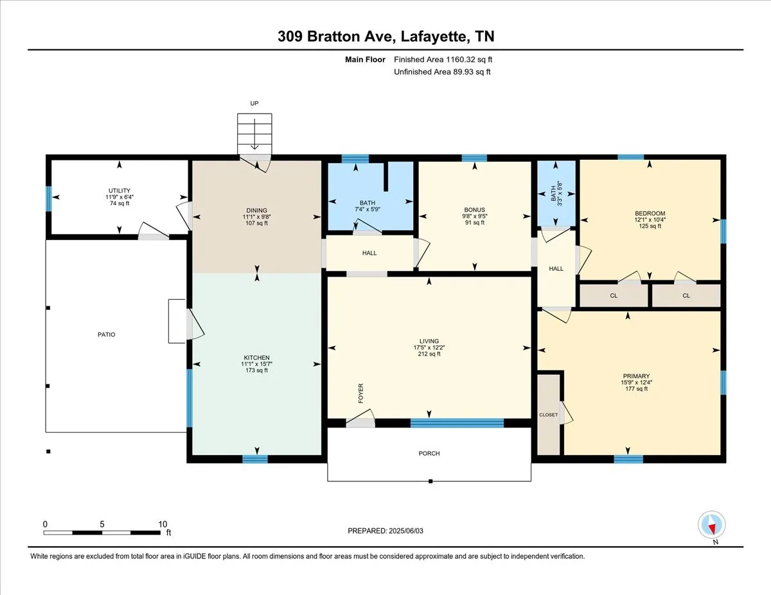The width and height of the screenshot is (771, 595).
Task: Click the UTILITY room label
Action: pyautogui.click(x=120, y=191)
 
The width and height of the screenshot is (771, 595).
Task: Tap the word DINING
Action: pyautogui.click(x=256, y=211)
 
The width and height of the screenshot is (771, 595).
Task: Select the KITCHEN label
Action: pyautogui.click(x=256, y=358)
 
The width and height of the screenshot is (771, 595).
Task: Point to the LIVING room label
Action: pyautogui.click(x=429, y=341)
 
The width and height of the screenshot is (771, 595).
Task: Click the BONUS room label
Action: pyautogui.click(x=474, y=210)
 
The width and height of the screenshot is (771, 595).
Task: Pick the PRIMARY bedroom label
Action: pyautogui.click(x=636, y=376)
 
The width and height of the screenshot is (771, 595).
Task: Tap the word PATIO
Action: pyautogui.click(x=107, y=334)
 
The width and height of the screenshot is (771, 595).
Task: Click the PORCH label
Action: pyautogui.click(x=429, y=453)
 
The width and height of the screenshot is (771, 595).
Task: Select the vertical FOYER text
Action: pyautogui.click(x=361, y=393)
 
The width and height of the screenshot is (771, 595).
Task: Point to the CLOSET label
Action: pyautogui.click(x=548, y=415)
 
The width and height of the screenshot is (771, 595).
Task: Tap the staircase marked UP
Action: pyautogui.click(x=254, y=134)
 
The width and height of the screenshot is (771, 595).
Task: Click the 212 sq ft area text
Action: pyautogui.click(x=429, y=354)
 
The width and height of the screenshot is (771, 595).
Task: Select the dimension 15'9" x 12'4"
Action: pyautogui.click(x=636, y=383)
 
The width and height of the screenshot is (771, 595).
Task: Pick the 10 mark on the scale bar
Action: pyautogui.click(x=163, y=524)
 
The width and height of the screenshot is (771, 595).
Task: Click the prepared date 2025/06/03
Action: pyautogui.click(x=406, y=531)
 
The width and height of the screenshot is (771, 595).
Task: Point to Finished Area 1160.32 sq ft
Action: pyautogui.click(x=443, y=60)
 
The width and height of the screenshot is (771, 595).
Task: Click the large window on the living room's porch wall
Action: pyautogui.click(x=457, y=423)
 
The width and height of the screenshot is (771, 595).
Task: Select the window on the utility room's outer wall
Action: pyautogui.click(x=49, y=198)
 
